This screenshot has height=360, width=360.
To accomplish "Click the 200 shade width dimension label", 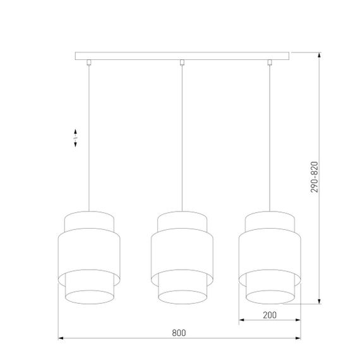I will pos(270,315).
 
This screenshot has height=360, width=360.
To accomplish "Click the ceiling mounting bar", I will pos(184,57).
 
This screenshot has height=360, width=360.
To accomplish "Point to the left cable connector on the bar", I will pos(89,62).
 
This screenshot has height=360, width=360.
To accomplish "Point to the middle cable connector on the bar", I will pos(182,62).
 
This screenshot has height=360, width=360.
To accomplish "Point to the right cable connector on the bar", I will pos(270,62).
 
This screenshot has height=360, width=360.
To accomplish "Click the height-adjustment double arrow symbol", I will pos(76,138).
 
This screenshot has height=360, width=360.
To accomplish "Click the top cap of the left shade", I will pos(88,221).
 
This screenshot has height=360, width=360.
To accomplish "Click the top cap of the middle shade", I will pos(182,221).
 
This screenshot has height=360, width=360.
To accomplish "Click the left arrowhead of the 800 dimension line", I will pos(61,339).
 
